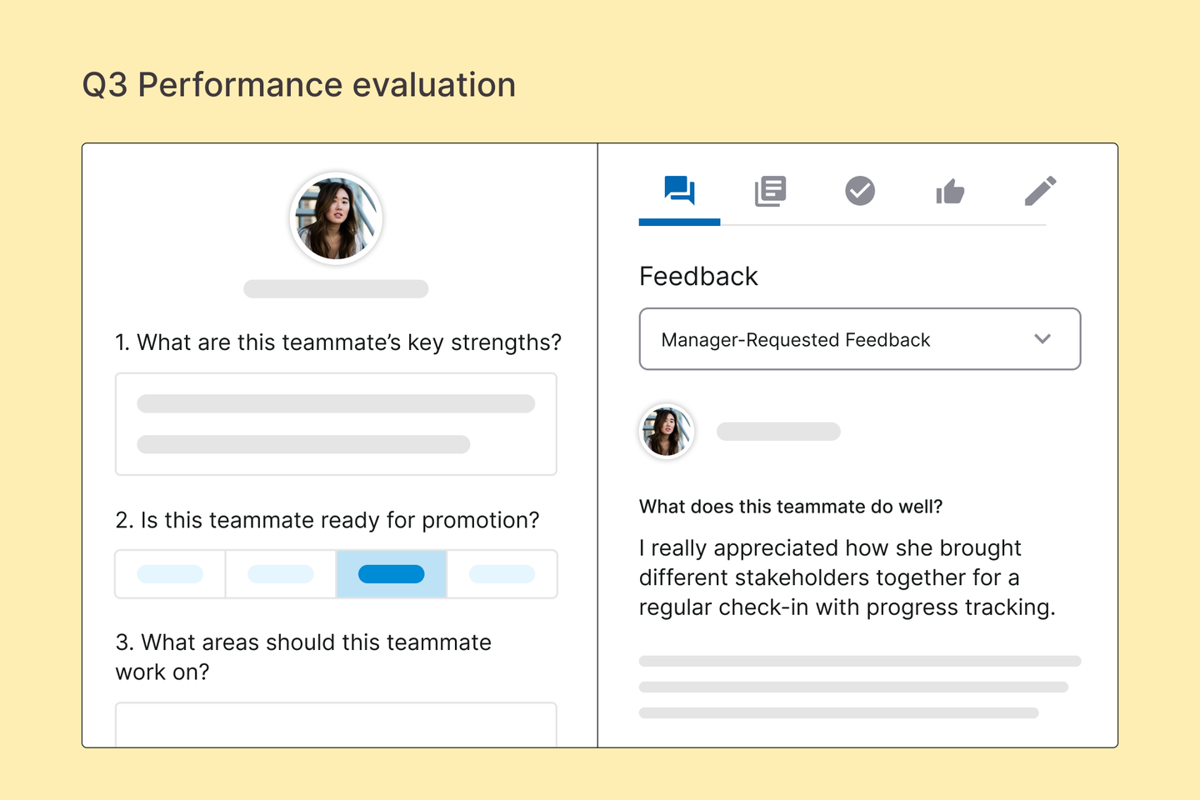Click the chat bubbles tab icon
pos(679,190)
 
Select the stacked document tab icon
pos(770,191)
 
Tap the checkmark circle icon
pos(860,191)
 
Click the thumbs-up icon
pos(950,192)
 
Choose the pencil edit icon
pos(1040,191)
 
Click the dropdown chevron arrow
pos(1042,338)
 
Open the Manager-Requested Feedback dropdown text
pos(796,340)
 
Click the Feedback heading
pos(698,277)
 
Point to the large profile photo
pos(336,218)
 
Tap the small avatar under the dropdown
pos(667,432)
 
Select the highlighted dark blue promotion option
pos(391,574)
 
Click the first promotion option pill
pos(170,574)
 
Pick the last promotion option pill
pos(502,574)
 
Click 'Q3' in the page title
pos(105,85)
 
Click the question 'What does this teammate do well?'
pos(791,507)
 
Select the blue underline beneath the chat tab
pos(679,222)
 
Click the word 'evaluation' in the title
pos(434,85)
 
